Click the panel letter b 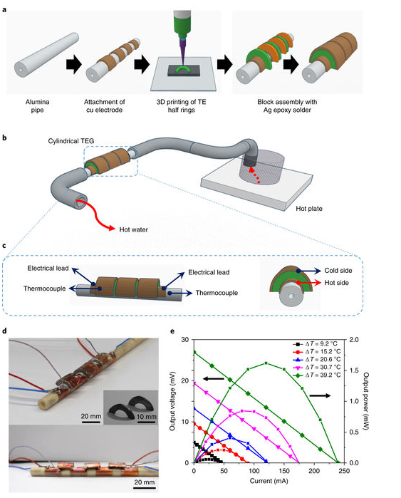pyautogui.click(x=4, y=138)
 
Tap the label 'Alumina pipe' pyautogui.click(x=38, y=106)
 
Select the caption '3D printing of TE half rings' pyautogui.click(x=181, y=106)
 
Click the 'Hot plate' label pyautogui.click(x=309, y=209)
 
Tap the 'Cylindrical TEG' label pyautogui.click(x=71, y=141)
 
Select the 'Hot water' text pyautogui.click(x=134, y=229)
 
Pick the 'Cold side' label pyautogui.click(x=338, y=271)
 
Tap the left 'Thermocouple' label pyautogui.click(x=44, y=289)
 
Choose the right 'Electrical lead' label pyautogui.click(x=209, y=272)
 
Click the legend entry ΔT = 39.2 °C pyautogui.click(x=317, y=375)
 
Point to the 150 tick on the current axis pyautogui.click(x=284, y=471)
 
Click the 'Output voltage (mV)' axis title pyautogui.click(x=172, y=401)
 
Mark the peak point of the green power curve pyautogui.click(x=266, y=363)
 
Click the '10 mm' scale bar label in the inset pyautogui.click(x=146, y=416)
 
